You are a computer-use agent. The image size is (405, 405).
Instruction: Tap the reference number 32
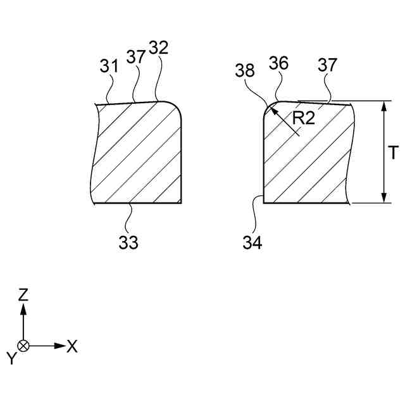(159, 48)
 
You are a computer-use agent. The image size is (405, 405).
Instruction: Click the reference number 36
(279, 64)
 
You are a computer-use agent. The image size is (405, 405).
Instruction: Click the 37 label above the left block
(135, 56)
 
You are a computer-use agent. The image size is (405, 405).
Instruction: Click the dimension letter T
(393, 153)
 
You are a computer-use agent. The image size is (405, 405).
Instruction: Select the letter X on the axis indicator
(72, 346)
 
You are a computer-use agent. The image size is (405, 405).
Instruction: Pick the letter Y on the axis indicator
(11, 359)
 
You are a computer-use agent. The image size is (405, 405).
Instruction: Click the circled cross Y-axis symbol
(23, 346)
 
